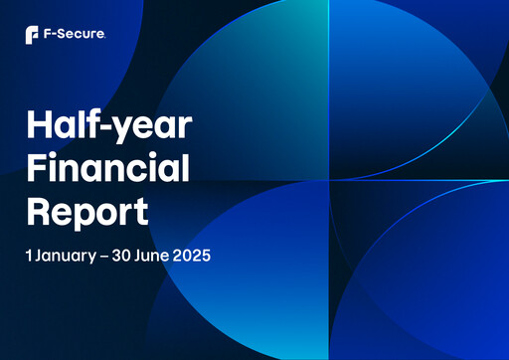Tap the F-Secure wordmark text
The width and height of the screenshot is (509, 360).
pyautogui.click(x=75, y=36)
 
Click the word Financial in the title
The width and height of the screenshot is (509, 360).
pyautogui.click(x=107, y=171)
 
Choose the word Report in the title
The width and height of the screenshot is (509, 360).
pyautogui.click(x=86, y=211)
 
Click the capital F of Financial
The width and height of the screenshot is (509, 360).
pyautogui.click(x=37, y=171)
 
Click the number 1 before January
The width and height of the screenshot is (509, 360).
pyautogui.click(x=29, y=255)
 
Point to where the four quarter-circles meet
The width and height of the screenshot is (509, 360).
pyautogui.click(x=329, y=180)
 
